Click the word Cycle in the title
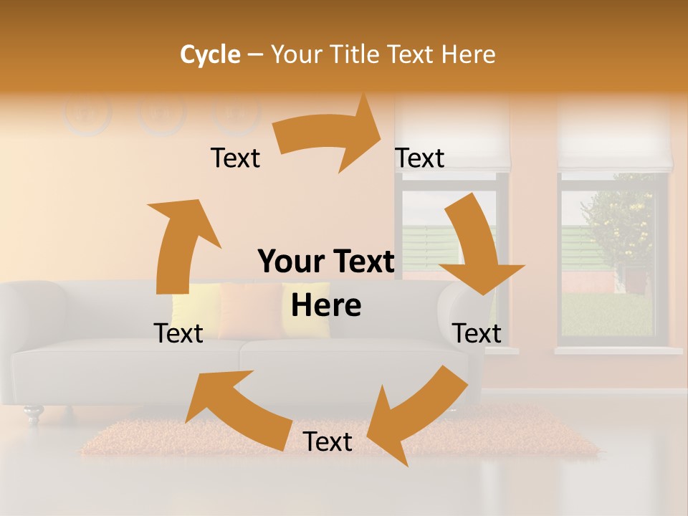click(x=210, y=54)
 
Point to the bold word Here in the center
click(x=326, y=306)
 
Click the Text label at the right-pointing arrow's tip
click(x=420, y=158)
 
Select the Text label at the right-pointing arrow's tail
click(x=235, y=158)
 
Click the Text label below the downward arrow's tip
click(x=477, y=333)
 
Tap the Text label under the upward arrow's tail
click(x=178, y=333)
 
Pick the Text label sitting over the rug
click(x=328, y=442)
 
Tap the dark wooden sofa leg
click(x=32, y=414)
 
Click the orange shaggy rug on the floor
click(x=179, y=441)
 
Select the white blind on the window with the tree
click(x=615, y=136)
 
